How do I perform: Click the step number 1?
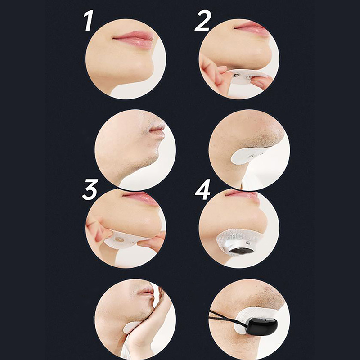[88, 21]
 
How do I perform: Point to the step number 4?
[202, 189]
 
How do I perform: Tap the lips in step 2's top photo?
[252, 29]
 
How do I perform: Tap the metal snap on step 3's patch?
[120, 240]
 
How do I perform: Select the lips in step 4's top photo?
[242, 195]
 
